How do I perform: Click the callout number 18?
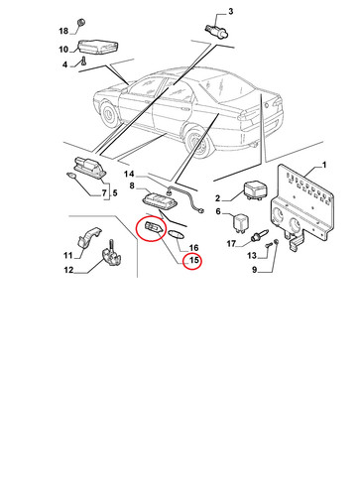click(x=63, y=31)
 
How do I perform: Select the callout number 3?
click(x=230, y=12)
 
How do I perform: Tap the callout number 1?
click(x=324, y=165)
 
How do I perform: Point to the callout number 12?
click(x=68, y=270)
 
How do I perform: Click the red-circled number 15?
click(x=193, y=260)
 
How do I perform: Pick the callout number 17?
click(x=231, y=244)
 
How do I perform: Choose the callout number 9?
click(x=255, y=270)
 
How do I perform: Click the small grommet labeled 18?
click(x=80, y=23)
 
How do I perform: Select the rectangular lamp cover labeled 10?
click(x=98, y=46)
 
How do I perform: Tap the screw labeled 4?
click(x=83, y=61)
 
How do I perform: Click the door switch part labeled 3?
click(x=217, y=30)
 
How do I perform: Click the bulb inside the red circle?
click(x=153, y=228)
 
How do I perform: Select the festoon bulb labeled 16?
click(x=175, y=233)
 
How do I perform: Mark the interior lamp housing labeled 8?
click(x=160, y=201)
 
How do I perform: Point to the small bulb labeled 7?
click(x=70, y=176)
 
